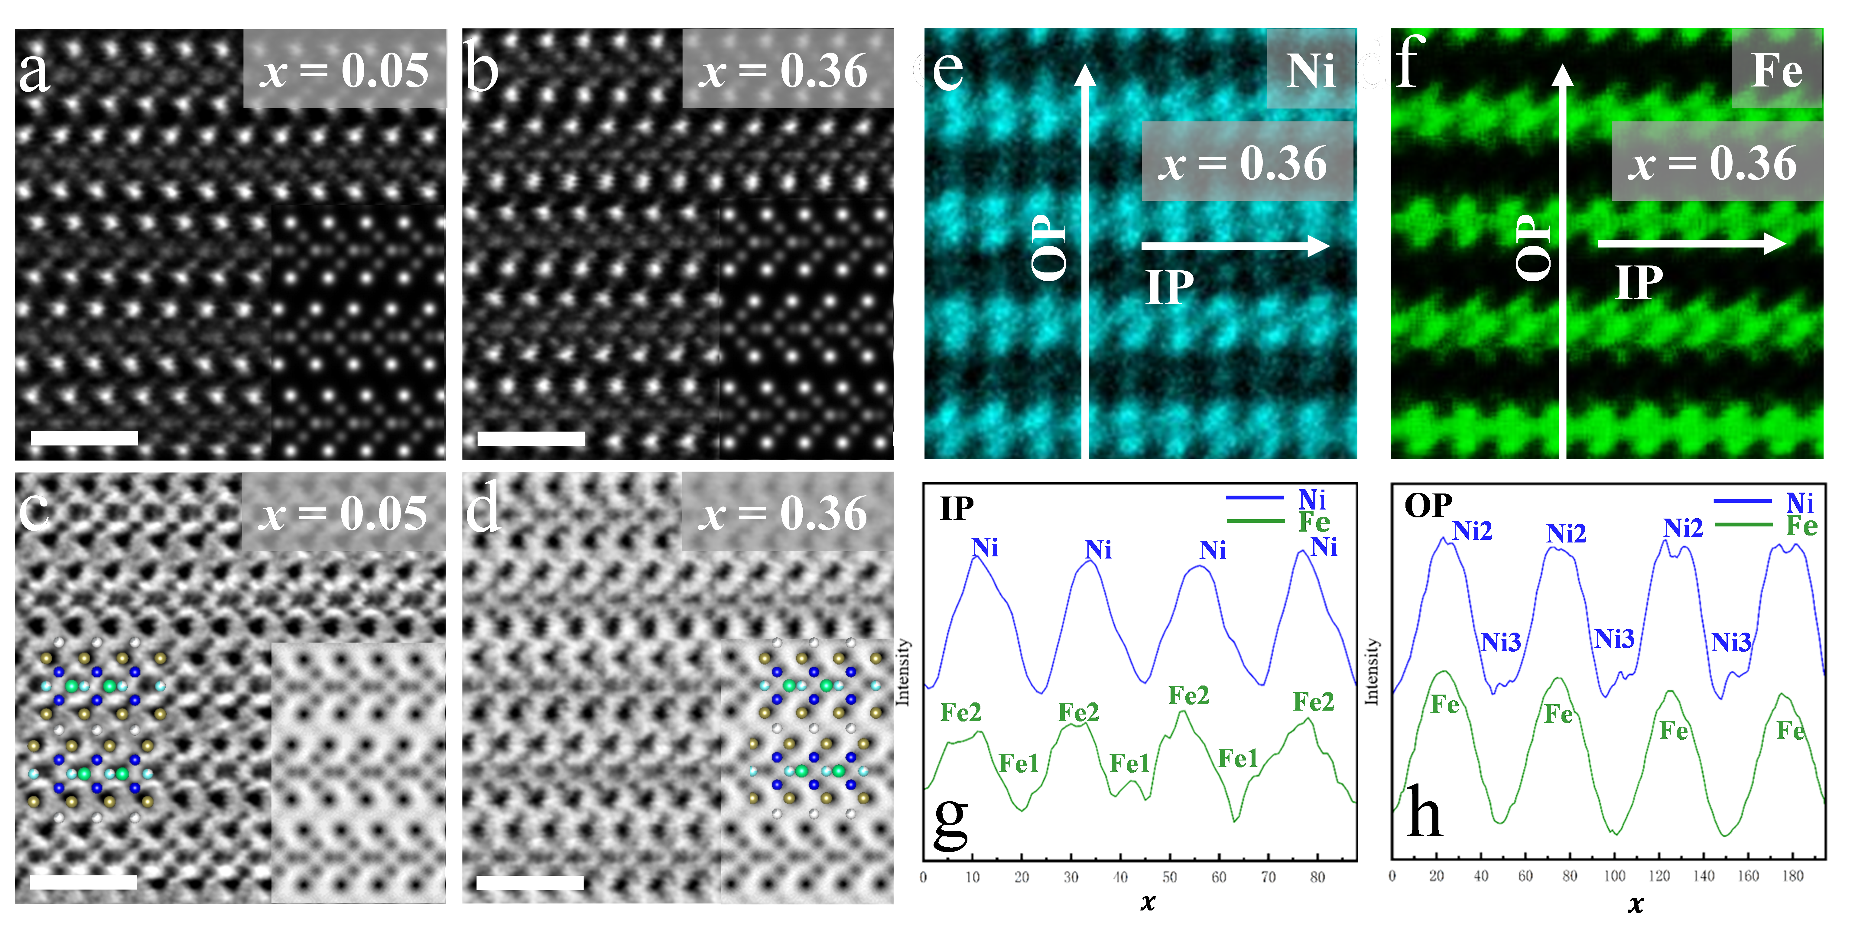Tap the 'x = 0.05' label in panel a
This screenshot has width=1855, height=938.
[344, 70]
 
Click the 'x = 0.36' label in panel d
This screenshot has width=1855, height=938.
[786, 513]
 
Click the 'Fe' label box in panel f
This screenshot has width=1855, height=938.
[1776, 70]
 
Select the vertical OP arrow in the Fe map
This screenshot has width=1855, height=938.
[1562, 259]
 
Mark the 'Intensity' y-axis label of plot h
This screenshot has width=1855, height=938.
[1372, 671]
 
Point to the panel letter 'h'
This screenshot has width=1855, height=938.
[1425, 812]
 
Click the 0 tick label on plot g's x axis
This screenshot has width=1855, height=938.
[923, 877]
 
